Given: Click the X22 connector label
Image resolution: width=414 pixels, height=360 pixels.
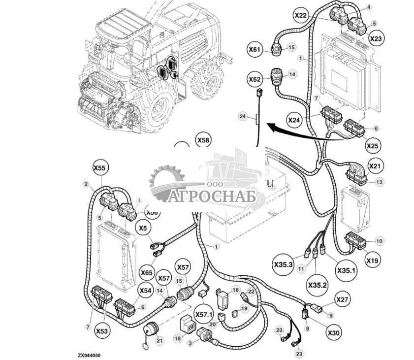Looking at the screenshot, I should click(x=301, y=16).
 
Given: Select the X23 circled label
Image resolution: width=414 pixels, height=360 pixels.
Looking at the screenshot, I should click(x=376, y=38).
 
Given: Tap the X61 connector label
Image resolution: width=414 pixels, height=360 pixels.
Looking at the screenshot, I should click(x=255, y=49).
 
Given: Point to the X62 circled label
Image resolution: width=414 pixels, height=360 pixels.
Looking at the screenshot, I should click(x=255, y=79).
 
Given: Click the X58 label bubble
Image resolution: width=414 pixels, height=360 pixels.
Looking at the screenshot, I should click(x=203, y=140).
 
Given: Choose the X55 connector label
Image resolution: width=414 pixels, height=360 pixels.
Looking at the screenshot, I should click(x=100, y=168).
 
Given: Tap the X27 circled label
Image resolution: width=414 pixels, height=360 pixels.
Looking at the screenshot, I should click(x=343, y=299).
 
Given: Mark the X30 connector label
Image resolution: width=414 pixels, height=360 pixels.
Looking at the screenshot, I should click(x=334, y=333).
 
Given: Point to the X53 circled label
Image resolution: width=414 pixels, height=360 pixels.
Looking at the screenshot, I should click(x=101, y=331).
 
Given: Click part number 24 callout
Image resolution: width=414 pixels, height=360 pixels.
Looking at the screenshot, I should click(x=242, y=117).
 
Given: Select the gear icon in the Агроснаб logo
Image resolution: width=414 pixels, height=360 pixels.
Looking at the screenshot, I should click(x=166, y=183).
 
